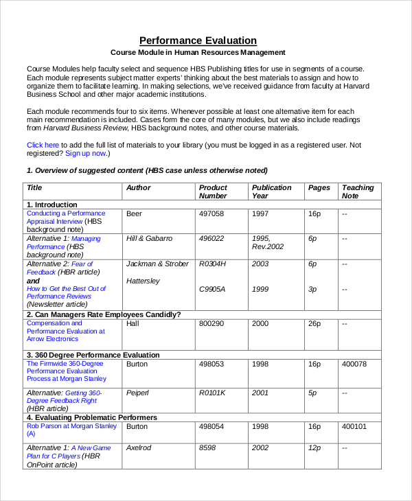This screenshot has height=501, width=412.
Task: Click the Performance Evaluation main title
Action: coord(198,40)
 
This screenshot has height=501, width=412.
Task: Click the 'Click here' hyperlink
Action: coord(43,145)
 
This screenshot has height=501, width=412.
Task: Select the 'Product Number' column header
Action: coord(213,191)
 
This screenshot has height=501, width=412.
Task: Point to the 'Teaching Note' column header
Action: coord(358,191)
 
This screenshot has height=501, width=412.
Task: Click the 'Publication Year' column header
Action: coord(271,191)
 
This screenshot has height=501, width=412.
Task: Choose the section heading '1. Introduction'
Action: coord(51,205)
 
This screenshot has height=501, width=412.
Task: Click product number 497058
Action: coord(211,213)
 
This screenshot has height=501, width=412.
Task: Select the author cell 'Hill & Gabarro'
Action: coord(150,238)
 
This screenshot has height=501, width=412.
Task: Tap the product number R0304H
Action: coord(212,264)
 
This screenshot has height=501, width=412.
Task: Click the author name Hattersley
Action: coord(143,281)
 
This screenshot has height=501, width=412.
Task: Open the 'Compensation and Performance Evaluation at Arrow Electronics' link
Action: coord(66,331)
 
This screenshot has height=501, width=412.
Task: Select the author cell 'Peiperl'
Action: coord(139,393)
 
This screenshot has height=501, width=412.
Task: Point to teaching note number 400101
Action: coord(354,426)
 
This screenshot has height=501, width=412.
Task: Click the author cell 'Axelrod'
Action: coord(139,447)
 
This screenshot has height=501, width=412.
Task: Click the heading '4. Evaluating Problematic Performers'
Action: coord(91,417)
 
